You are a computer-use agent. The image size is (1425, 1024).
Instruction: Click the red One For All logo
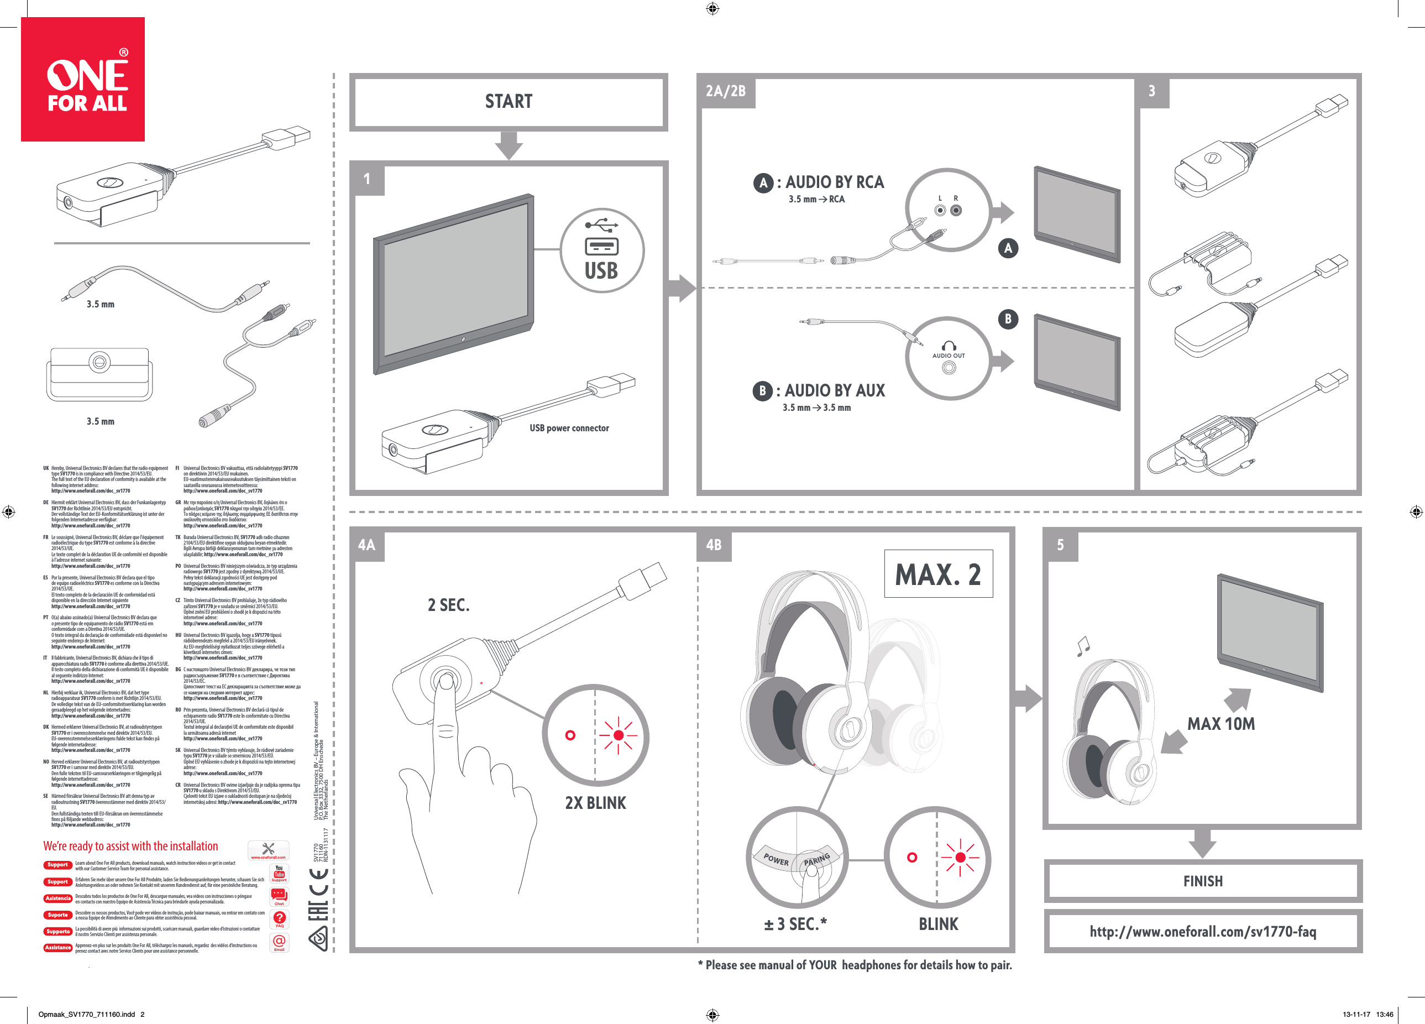[83, 79]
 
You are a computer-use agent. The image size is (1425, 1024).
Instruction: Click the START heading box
[509, 102]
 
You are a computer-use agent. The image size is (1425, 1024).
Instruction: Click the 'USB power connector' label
[569, 428]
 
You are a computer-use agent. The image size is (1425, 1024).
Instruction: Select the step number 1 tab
[367, 179]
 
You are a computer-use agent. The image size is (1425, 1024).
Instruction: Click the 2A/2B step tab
[725, 91]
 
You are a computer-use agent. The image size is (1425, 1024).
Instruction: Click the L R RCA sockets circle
[947, 210]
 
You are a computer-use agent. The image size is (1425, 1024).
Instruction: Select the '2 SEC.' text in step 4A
[449, 605]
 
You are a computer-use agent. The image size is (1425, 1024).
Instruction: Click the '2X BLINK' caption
[595, 803]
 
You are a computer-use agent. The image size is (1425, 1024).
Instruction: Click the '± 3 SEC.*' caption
[795, 924]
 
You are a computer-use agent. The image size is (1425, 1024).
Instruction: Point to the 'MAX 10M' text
[1221, 724]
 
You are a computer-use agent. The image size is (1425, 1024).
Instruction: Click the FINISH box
[1203, 881]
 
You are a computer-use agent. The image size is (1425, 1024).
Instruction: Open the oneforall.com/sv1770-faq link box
[1203, 932]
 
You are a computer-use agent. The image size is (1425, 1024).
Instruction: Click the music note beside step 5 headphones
[1083, 646]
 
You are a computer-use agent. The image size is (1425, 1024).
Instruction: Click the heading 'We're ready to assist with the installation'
[130, 846]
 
